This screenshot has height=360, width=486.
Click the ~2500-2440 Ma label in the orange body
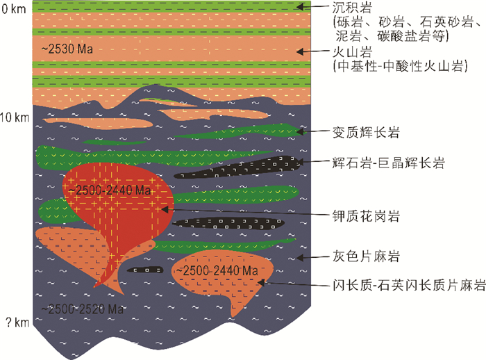[x=217, y=270]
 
